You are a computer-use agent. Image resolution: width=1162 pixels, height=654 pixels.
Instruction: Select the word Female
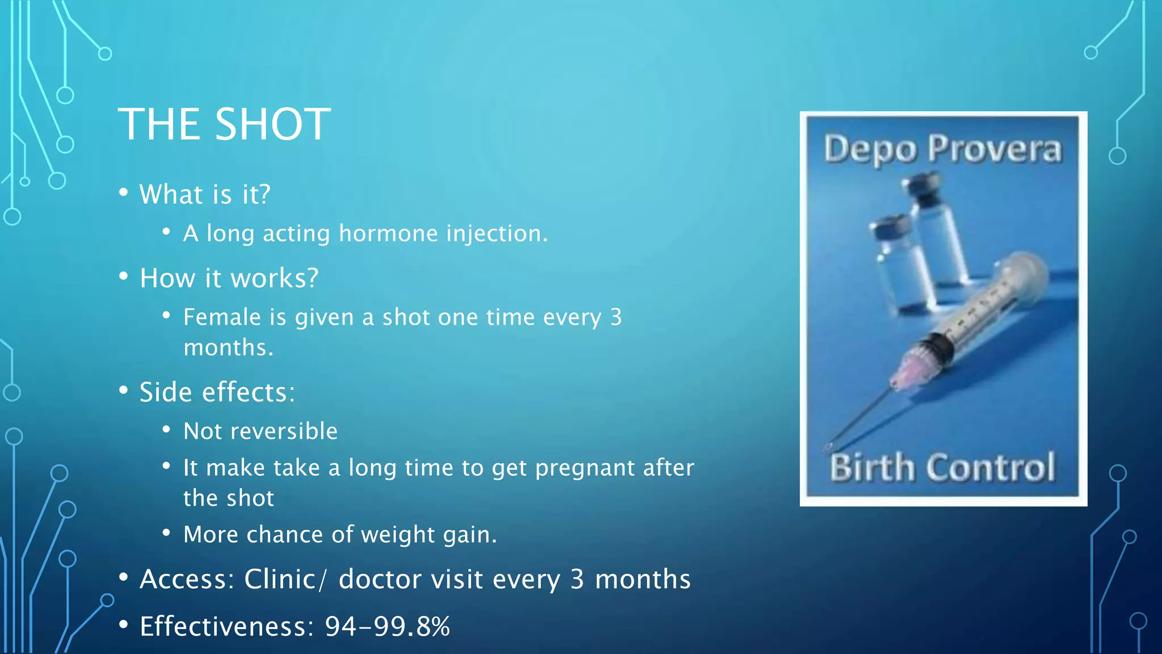222,317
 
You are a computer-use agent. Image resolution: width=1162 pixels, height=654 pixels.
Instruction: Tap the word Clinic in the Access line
280,580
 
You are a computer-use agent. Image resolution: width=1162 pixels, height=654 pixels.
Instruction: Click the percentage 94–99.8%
387,627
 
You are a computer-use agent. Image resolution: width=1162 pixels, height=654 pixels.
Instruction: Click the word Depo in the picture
869,150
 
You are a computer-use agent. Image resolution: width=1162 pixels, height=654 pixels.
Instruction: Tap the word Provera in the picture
994,150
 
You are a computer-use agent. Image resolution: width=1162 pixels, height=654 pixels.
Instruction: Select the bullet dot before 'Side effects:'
124,391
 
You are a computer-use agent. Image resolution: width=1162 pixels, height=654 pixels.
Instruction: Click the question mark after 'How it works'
312,278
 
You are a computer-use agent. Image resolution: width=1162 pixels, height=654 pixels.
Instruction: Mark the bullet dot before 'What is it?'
124,192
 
